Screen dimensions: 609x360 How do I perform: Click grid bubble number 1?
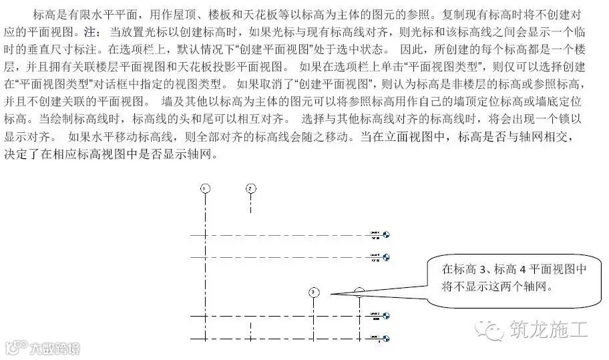(x=205, y=188)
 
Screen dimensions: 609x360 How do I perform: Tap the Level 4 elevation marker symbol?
(x=385, y=235)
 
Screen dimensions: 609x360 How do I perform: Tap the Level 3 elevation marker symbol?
(x=385, y=257)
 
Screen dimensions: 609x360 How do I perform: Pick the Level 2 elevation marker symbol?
(x=385, y=315)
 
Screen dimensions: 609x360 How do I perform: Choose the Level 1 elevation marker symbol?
(x=385, y=338)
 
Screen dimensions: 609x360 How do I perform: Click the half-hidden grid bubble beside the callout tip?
(x=359, y=291)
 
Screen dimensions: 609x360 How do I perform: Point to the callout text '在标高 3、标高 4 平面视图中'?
(x=514, y=270)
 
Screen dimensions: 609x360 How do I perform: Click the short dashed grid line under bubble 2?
(x=250, y=203)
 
